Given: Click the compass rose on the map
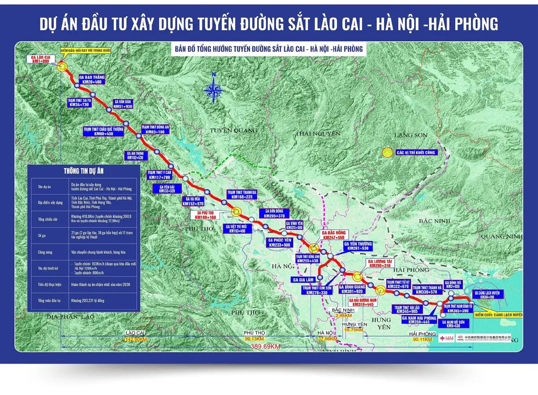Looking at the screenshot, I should click(214, 88).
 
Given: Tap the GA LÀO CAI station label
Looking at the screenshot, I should click(41, 59).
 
